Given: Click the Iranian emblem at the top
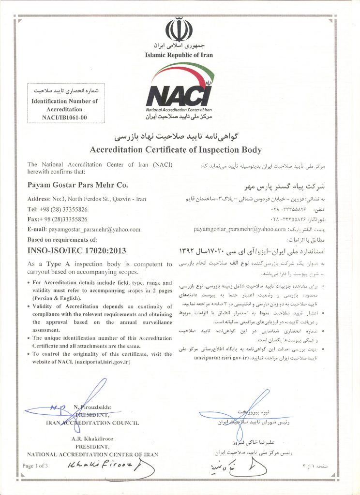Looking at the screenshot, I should tap(179, 29).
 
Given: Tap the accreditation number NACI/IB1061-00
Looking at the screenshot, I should tap(64, 117).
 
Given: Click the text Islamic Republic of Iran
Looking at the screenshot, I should tap(179, 55).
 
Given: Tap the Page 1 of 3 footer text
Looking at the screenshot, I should tap(35, 466).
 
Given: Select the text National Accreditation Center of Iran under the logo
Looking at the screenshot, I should tap(179, 110).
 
